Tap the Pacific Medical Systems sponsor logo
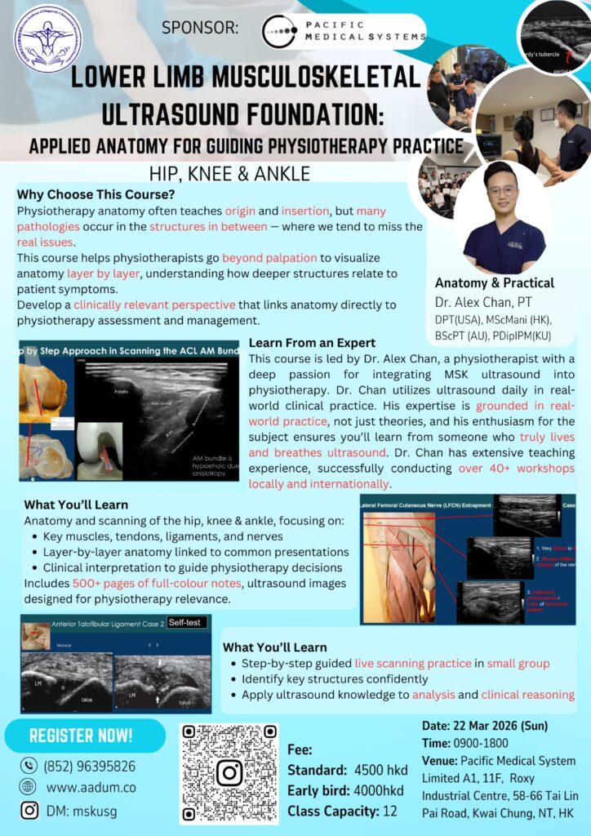point(344,32)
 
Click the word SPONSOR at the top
point(200,29)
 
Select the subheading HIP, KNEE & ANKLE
point(229,173)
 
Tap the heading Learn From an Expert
point(312,343)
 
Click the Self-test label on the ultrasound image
point(186,623)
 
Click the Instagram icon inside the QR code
point(229,772)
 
